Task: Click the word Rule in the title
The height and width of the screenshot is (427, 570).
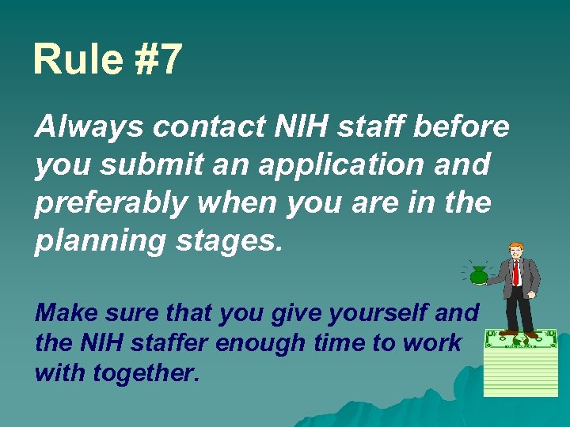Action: [x=77, y=59]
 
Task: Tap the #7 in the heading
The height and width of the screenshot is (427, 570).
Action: [x=158, y=59]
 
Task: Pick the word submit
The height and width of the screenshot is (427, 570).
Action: [x=142, y=164]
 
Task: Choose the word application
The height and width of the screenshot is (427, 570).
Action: [x=351, y=164]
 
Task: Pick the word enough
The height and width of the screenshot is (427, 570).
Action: [x=247, y=343]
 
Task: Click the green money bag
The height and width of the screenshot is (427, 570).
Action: [x=478, y=275]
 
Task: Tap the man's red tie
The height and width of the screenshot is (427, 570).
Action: [x=516, y=273]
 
